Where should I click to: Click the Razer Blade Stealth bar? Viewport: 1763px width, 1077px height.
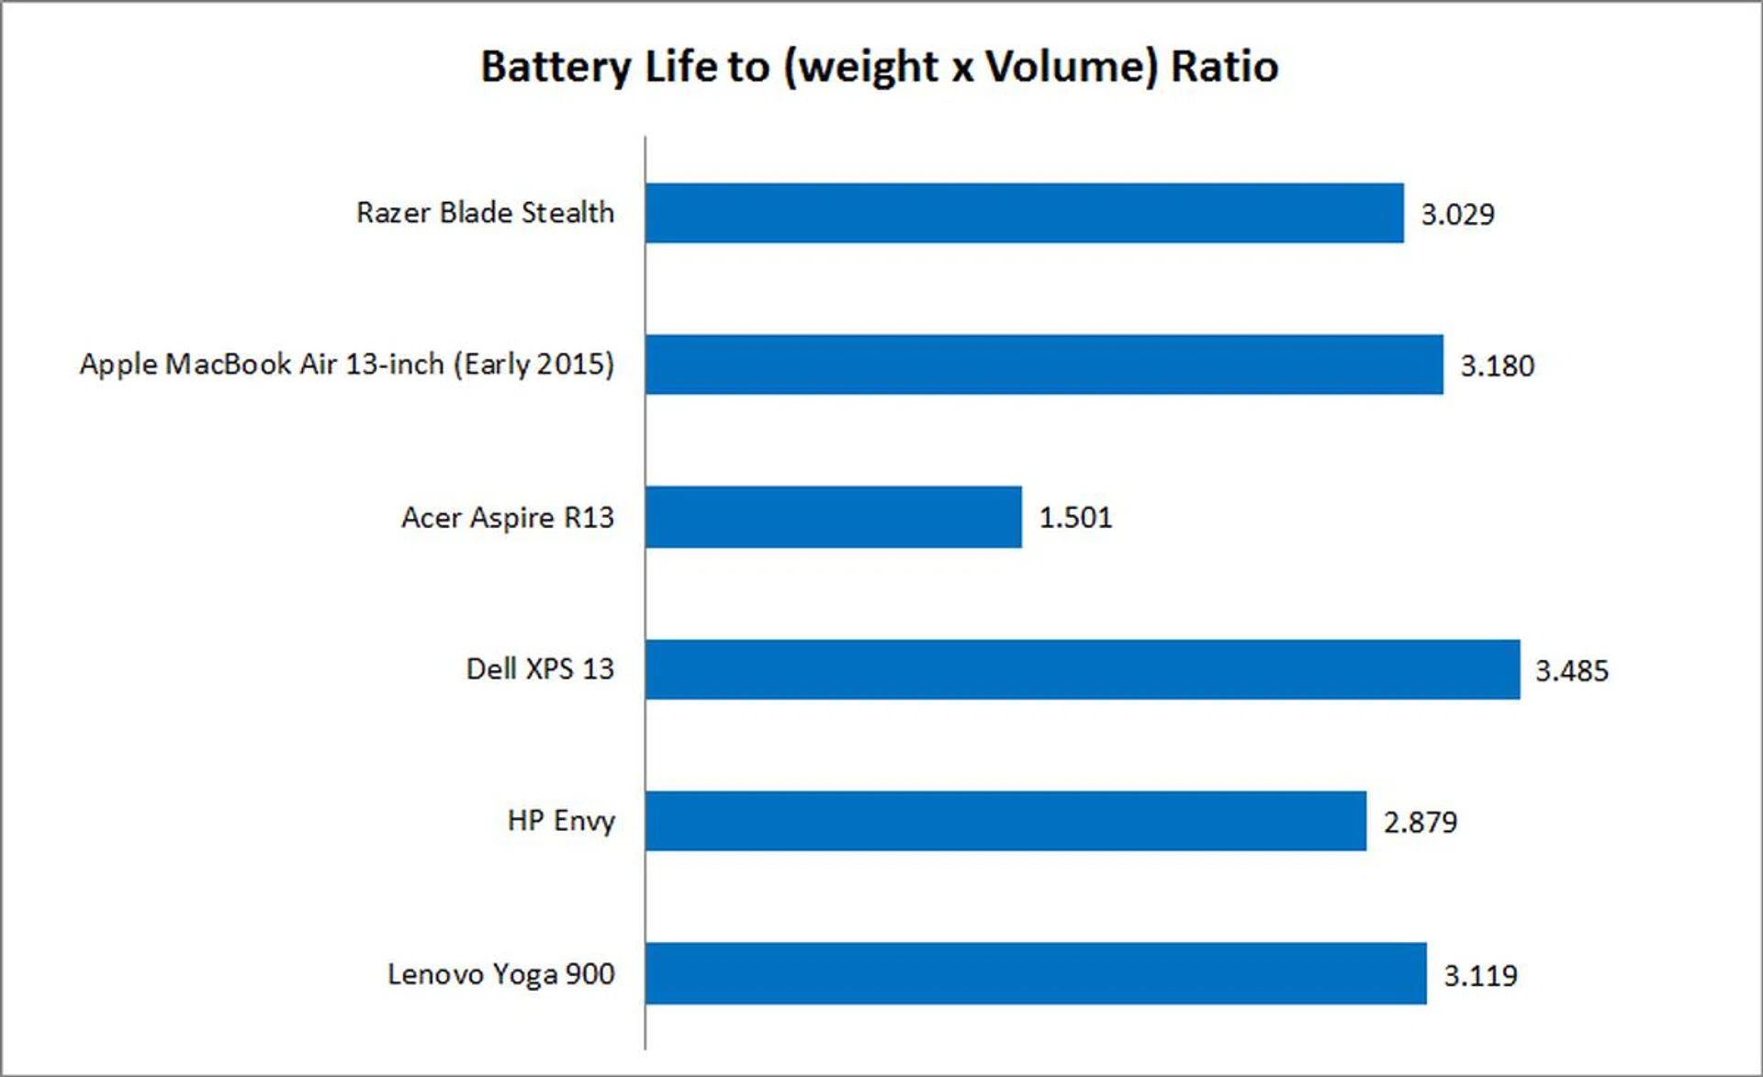click(x=1024, y=213)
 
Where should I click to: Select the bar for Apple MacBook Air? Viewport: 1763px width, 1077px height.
click(x=1044, y=365)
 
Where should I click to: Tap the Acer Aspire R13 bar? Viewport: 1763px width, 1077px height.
click(x=833, y=517)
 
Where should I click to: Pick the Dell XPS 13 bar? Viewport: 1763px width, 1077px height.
click(x=1083, y=669)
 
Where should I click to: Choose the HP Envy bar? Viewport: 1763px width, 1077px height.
click(x=1005, y=821)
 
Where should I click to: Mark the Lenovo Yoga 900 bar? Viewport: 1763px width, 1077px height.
click(x=1036, y=973)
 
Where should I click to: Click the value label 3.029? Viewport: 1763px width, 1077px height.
click(x=1457, y=214)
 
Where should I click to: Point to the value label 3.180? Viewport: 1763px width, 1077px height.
click(x=1497, y=365)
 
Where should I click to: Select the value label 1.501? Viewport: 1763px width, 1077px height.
click(x=1075, y=518)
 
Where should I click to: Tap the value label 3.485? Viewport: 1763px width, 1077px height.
click(x=1572, y=670)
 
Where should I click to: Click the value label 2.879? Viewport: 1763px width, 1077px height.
click(x=1420, y=822)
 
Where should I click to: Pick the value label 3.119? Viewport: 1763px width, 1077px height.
click(x=1480, y=975)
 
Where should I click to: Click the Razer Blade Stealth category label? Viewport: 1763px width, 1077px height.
click(x=485, y=213)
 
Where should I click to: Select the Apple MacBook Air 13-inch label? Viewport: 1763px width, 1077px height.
click(x=346, y=365)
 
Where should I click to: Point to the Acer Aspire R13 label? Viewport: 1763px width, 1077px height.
click(x=507, y=518)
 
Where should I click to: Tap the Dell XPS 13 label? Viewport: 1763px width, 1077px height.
click(x=540, y=669)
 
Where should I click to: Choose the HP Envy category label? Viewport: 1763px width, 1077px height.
click(x=561, y=821)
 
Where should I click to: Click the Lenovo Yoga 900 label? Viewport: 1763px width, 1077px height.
click(x=500, y=974)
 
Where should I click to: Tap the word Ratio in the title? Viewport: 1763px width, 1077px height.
click(x=1224, y=67)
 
